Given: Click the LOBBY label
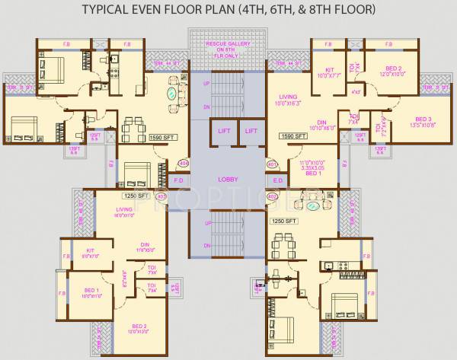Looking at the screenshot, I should pos(227,179).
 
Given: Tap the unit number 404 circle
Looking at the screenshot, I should pos(183,163).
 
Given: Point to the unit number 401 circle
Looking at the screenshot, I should pos(272,163).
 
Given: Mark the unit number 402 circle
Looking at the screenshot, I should pos(272,196).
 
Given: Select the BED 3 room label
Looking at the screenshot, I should pos(423,119).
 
